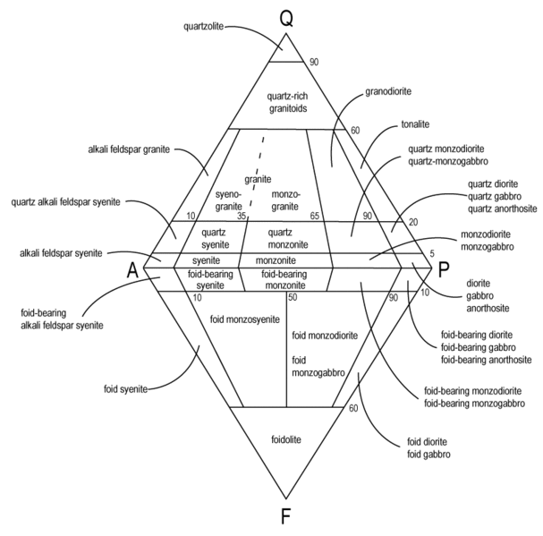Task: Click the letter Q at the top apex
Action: [x=285, y=18]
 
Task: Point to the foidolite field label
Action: [x=286, y=439]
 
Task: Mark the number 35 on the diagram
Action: [x=242, y=217]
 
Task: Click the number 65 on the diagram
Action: [x=314, y=217]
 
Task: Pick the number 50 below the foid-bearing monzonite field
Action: [x=292, y=296]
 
